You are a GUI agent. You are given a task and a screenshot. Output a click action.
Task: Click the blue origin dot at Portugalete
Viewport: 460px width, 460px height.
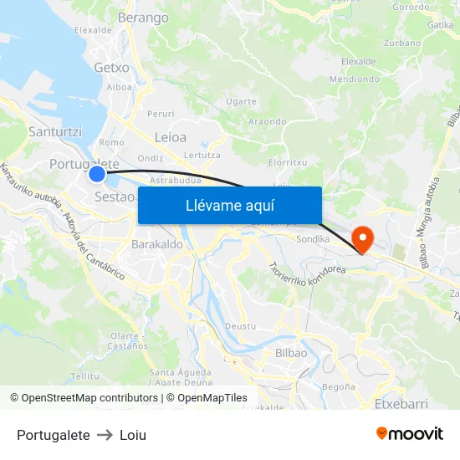click(97, 174)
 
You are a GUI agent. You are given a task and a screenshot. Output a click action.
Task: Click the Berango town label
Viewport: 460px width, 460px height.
click(144, 17)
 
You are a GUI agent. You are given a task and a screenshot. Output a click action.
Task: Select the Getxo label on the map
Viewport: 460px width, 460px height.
click(112, 67)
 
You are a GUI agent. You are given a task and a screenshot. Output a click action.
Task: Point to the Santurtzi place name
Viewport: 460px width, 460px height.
click(55, 132)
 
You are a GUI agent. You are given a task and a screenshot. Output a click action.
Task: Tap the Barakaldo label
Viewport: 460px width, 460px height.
click(157, 245)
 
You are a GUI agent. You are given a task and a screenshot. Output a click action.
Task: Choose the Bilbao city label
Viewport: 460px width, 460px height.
click(291, 353)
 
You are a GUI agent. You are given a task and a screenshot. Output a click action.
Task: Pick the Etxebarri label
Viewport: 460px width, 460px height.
click(401, 404)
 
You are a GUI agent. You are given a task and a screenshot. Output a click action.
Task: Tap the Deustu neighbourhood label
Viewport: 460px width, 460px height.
click(240, 326)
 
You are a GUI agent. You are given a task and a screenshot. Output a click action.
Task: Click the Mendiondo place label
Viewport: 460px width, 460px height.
click(355, 79)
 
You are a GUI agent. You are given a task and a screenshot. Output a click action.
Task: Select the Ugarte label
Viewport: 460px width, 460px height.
click(241, 101)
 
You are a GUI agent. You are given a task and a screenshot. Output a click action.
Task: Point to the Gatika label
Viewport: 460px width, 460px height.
click(440, 25)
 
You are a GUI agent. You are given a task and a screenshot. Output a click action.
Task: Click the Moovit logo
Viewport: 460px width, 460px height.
click(410, 433)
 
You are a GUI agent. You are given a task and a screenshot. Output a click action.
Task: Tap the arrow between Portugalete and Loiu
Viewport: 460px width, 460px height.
click(105, 435)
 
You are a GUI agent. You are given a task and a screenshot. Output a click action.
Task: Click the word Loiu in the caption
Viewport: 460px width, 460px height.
click(133, 435)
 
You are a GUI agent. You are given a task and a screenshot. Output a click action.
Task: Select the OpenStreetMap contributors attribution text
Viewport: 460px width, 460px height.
click(84, 398)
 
